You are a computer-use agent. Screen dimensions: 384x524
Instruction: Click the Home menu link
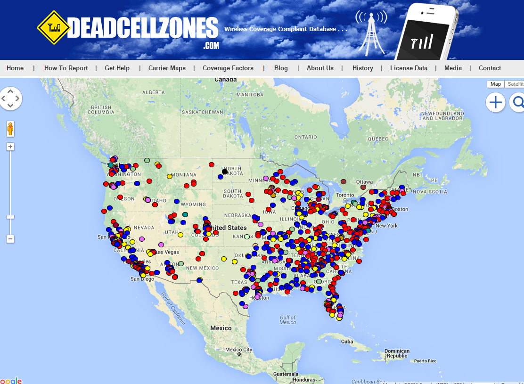[x=15, y=68]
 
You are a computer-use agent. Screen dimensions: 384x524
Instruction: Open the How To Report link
[x=66, y=68]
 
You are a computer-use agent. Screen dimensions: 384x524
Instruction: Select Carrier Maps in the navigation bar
[x=167, y=68]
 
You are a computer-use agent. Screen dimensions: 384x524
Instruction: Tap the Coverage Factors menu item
[x=228, y=68]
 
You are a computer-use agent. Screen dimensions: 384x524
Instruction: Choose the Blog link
[x=281, y=68]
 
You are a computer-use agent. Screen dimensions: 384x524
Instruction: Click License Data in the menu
[x=409, y=68]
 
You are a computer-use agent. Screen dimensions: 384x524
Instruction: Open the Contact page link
[x=490, y=68]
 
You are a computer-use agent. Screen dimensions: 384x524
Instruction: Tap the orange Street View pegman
[x=10, y=129]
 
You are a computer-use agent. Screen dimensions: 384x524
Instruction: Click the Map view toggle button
[x=495, y=84]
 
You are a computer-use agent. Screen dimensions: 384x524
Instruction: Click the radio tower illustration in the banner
[x=371, y=33]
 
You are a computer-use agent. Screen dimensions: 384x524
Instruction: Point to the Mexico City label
[x=238, y=350]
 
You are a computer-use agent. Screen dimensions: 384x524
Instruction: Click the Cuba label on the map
[x=347, y=342]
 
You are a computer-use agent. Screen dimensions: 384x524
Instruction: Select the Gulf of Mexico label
[x=287, y=319]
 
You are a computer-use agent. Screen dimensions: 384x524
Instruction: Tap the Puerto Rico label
[x=426, y=361]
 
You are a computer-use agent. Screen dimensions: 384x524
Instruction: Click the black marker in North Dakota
[x=225, y=172]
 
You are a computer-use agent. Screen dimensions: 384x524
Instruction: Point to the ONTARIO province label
[x=306, y=137]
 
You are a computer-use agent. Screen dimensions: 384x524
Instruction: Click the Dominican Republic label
[x=397, y=353]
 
